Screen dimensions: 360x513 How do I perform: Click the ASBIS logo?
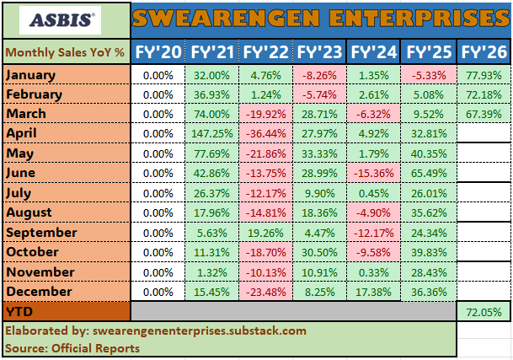(66, 18)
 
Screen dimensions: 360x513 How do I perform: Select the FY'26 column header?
(484, 51)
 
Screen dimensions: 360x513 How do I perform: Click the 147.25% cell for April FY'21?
(211, 132)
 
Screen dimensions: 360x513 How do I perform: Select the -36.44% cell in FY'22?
(266, 132)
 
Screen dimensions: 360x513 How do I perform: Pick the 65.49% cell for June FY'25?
(430, 174)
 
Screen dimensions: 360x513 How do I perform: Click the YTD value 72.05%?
(484, 312)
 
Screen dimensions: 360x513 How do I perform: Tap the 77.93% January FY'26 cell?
(484, 75)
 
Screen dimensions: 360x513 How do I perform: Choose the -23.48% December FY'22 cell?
(266, 290)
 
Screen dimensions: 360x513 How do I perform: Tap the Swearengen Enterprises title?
(320, 18)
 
